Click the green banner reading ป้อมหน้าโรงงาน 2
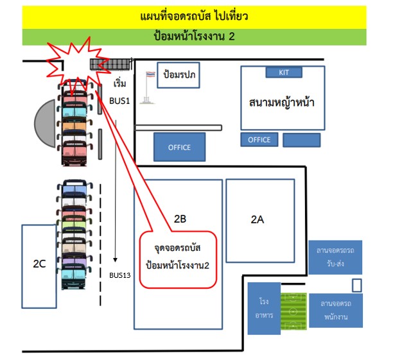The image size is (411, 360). [194, 37]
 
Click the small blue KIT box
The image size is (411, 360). [284, 72]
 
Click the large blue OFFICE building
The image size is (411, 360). [179, 147]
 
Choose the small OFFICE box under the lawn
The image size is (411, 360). [259, 140]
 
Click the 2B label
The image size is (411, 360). [180, 219]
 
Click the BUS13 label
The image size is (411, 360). [120, 275]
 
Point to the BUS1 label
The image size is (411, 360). [119, 101]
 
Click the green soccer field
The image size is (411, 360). [293, 311]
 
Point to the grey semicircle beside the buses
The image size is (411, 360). [46, 122]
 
